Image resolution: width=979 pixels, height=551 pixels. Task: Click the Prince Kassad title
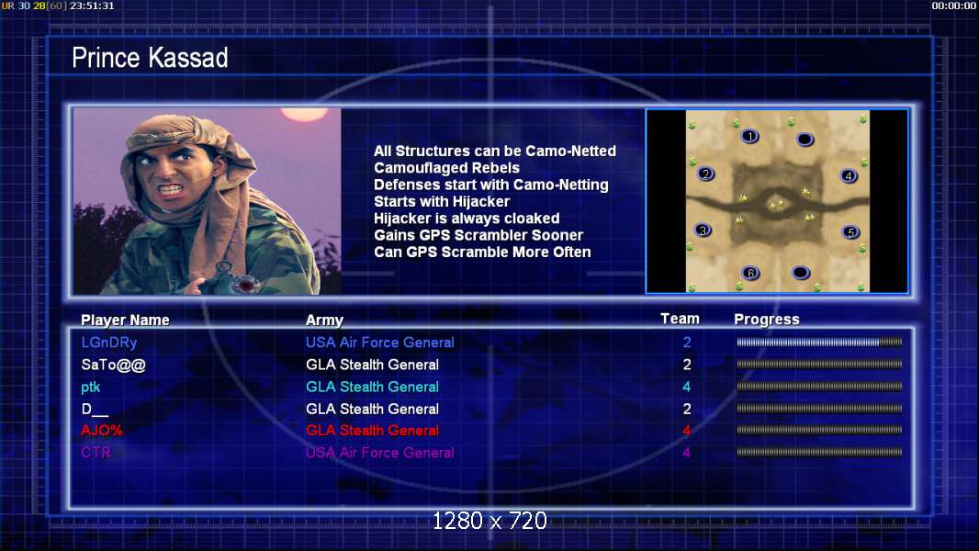point(150,58)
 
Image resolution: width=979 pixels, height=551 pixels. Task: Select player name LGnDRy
point(109,343)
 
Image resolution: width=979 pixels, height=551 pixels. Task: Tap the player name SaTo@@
point(114,365)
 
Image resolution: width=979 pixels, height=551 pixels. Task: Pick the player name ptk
point(91,387)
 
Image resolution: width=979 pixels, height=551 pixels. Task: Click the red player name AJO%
point(102,431)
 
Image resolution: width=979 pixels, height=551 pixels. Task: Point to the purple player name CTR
point(96,453)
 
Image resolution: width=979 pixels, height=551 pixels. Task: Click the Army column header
point(325,320)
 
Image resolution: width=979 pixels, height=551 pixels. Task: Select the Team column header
point(680,319)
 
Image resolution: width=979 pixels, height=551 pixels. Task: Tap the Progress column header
point(767,320)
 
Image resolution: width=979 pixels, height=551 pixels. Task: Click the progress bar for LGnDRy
point(819,342)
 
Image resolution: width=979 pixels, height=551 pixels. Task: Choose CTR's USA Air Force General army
point(379,453)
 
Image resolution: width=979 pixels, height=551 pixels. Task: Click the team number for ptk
point(687,387)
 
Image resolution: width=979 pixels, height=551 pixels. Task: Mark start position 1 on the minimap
point(749,136)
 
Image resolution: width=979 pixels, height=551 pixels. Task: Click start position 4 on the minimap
point(849,176)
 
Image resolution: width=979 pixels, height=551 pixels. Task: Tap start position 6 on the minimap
point(750,273)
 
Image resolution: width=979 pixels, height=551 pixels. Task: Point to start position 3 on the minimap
point(703,231)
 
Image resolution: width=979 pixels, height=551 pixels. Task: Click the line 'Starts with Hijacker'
point(442,201)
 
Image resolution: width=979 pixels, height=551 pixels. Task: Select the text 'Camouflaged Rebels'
point(446,168)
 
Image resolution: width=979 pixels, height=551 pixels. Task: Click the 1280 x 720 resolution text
point(489,521)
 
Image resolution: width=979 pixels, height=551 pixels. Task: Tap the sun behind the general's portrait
point(304,114)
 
